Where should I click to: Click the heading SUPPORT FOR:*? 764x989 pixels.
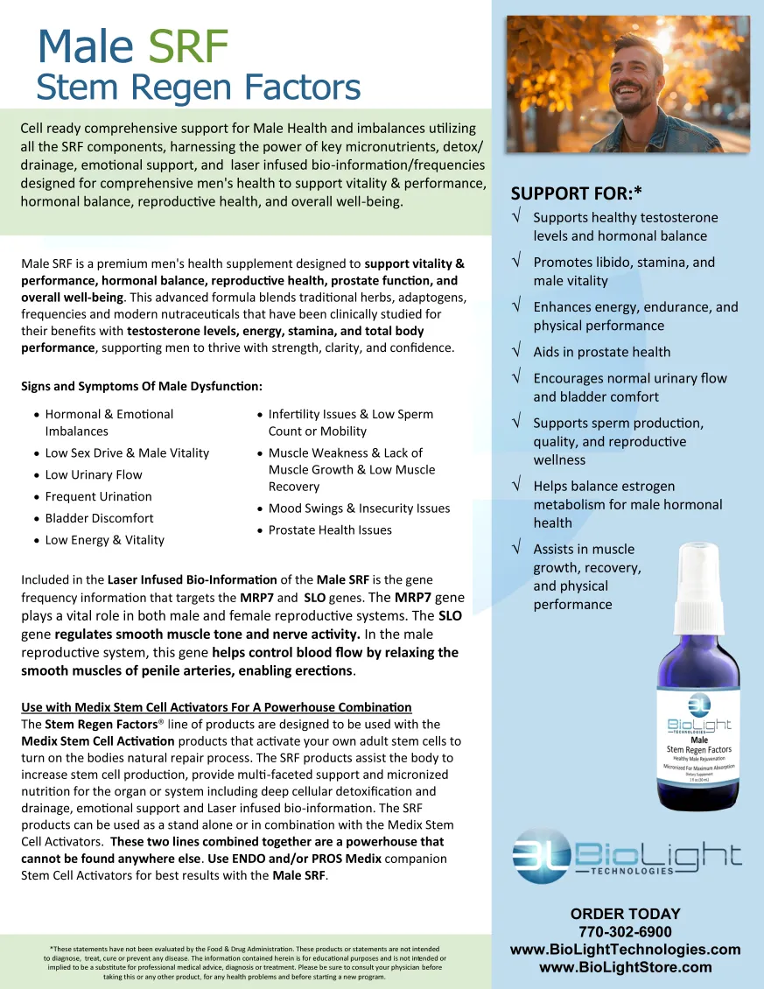[x=577, y=193]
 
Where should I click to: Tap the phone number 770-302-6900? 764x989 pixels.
[x=625, y=931]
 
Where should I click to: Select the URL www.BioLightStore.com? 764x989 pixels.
[x=625, y=966]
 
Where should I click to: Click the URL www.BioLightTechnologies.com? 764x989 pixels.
[x=625, y=949]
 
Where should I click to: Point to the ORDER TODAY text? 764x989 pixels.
[x=625, y=914]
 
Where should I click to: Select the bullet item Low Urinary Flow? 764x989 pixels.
[x=94, y=474]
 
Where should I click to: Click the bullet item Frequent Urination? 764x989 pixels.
[x=98, y=496]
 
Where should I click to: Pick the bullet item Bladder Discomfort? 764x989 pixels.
[x=99, y=518]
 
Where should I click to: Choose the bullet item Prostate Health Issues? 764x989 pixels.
[x=330, y=530]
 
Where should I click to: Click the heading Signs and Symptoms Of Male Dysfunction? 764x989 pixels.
[x=142, y=386]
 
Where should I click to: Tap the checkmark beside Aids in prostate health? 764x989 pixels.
[x=517, y=351]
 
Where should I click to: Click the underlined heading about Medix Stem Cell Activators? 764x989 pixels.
[x=216, y=706]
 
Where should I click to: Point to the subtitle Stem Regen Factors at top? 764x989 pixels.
[x=198, y=88]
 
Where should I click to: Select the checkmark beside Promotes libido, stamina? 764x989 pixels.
[x=517, y=261]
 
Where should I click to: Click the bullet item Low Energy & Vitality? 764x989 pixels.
[x=104, y=540]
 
